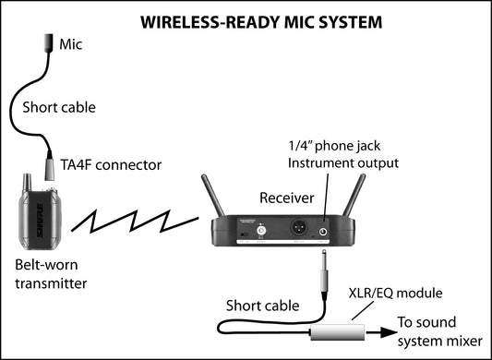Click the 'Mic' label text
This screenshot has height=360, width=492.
click(71, 43)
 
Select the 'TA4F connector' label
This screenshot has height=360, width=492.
click(110, 165)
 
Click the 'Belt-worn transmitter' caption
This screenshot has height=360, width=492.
click(51, 274)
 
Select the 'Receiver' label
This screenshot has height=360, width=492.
click(286, 197)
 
